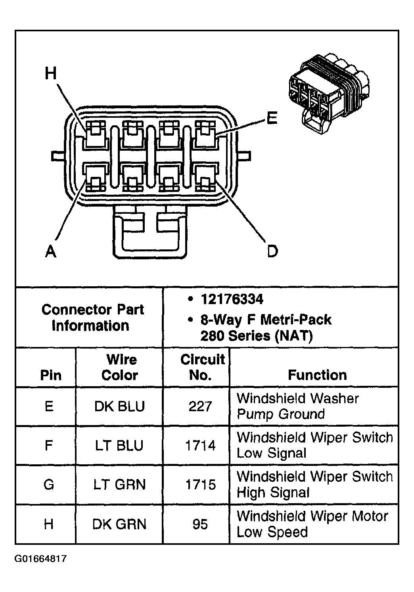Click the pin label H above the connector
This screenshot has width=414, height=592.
point(51,74)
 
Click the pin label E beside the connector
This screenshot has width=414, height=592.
point(272,118)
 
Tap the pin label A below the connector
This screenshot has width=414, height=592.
point(51,251)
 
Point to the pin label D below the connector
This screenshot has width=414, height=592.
point(272,251)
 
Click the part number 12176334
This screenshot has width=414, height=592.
point(232,299)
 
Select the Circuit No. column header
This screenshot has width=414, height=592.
point(202,367)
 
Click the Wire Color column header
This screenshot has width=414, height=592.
point(120,367)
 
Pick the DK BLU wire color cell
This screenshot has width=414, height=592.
point(119,406)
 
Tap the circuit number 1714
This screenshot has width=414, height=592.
point(200,446)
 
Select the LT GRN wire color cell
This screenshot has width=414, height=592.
point(119,485)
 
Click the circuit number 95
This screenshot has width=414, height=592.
point(200,524)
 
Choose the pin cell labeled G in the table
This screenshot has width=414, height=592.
point(49,485)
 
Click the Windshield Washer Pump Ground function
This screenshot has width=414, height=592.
point(297,406)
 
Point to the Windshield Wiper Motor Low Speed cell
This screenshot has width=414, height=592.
point(312,524)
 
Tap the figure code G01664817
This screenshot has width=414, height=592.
point(41,559)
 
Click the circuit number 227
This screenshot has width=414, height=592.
point(200,406)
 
